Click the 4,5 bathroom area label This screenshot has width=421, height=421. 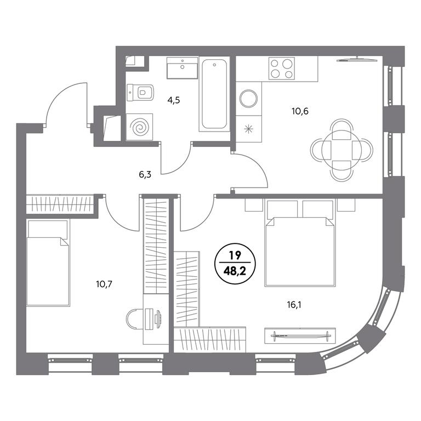click(x=173, y=100)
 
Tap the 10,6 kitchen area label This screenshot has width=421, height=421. click(x=300, y=111)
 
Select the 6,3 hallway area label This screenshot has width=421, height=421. click(x=145, y=175)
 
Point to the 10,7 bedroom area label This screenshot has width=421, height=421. click(x=104, y=284)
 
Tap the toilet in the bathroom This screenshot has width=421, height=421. click(x=140, y=93)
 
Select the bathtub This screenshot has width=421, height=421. click(x=214, y=94)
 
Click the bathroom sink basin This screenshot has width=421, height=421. click(x=183, y=67)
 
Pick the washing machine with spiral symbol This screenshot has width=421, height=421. click(x=139, y=127)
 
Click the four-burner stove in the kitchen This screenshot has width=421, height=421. click(x=282, y=68)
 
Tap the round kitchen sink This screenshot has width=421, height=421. click(x=249, y=99)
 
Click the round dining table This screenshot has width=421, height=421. click(x=342, y=150)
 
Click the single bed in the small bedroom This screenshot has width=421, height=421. click(x=48, y=263)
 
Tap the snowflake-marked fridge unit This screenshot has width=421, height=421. click(x=249, y=129)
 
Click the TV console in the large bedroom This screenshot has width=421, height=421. click(x=300, y=335)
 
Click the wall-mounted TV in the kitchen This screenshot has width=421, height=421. click(x=357, y=60)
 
